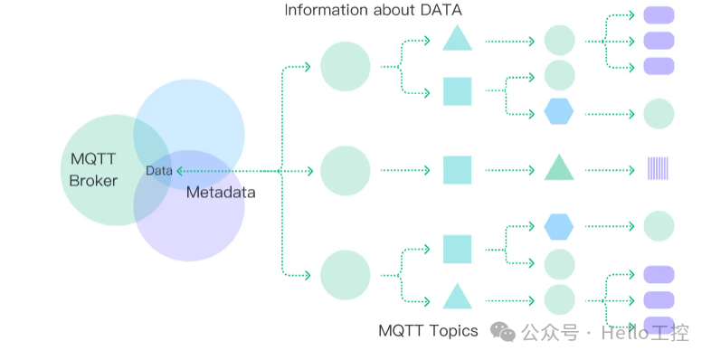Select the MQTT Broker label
click(x=93, y=169)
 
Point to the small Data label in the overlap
click(x=158, y=170)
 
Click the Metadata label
click(x=221, y=192)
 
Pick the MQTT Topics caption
click(x=428, y=330)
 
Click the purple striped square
click(x=658, y=169)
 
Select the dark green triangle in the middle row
click(x=559, y=168)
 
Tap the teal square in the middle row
click(x=457, y=169)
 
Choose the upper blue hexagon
click(x=559, y=111)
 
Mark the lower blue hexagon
click(x=559, y=226)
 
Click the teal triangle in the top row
click(x=457, y=39)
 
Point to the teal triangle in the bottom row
click(x=457, y=297)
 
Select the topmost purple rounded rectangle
click(x=659, y=14)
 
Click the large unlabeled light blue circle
click(x=189, y=134)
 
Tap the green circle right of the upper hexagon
click(x=659, y=114)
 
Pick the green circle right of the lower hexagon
click(x=659, y=226)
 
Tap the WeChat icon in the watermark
click(x=503, y=332)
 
